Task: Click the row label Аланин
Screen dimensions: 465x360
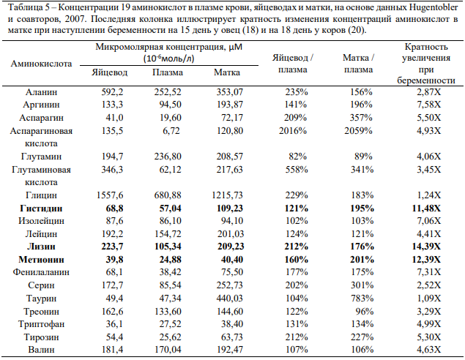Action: point(41,92)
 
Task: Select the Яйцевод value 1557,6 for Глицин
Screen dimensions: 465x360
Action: point(110,195)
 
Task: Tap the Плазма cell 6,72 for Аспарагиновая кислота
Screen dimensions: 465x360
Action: point(171,131)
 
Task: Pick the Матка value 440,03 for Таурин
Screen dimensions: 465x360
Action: point(229,299)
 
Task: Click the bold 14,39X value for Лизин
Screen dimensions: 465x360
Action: point(426,247)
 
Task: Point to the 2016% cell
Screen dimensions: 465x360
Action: point(293,131)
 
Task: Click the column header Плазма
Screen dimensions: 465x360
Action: point(168,72)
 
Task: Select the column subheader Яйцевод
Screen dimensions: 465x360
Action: point(109,72)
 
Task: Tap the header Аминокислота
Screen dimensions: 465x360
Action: point(41,64)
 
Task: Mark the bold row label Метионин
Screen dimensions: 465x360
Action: point(41,260)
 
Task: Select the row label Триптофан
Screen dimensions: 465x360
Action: point(41,324)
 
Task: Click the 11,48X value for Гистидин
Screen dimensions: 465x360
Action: point(426,209)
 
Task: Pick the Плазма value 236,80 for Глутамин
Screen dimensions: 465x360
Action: point(168,157)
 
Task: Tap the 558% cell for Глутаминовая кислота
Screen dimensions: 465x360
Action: point(297,170)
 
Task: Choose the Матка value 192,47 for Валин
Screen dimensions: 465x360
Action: point(229,350)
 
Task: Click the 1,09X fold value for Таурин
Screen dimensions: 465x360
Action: point(428,299)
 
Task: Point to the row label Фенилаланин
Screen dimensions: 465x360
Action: point(41,272)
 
